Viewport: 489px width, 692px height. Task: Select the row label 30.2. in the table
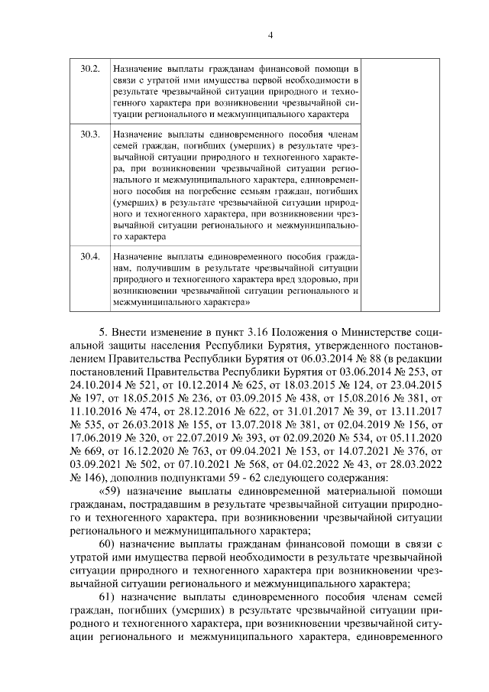coord(90,69)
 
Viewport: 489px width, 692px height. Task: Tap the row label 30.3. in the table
coord(90,134)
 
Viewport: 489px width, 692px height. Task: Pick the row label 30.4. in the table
coord(90,255)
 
